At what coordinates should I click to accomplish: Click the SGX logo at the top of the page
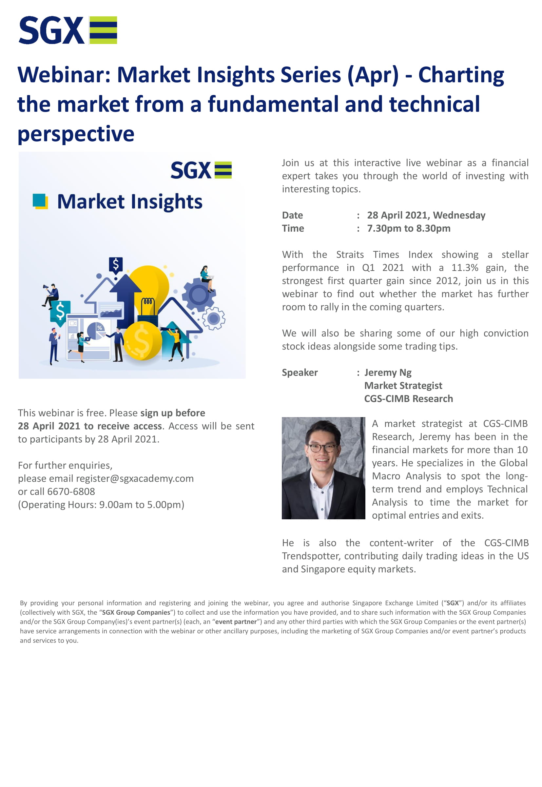68,30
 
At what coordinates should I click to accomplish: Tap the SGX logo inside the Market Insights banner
201,170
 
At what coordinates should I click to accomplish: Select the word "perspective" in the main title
76,133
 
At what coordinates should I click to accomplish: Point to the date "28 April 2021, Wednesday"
426,215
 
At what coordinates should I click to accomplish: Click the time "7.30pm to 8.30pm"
409,228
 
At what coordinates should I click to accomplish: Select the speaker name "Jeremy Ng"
388,373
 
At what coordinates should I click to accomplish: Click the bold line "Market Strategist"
403,386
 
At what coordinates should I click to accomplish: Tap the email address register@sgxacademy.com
135,478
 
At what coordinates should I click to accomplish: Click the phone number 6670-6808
71,491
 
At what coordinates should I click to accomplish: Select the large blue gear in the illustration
199,294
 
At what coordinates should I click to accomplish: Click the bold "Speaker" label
300,373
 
